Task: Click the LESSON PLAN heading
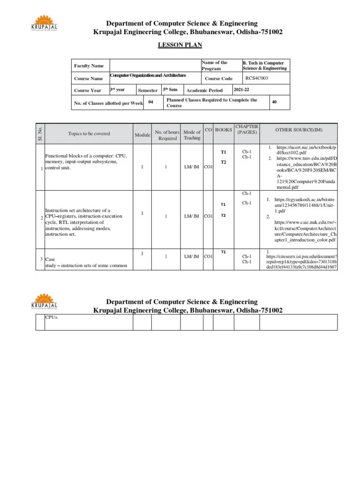pyautogui.click(x=182, y=45)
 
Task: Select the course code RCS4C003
pyautogui.click(x=256, y=78)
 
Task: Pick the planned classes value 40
pyautogui.click(x=274, y=101)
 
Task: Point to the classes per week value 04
pyautogui.click(x=151, y=101)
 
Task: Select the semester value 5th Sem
pyautogui.click(x=170, y=90)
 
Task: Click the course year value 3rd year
pyautogui.click(x=118, y=90)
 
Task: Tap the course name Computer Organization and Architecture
pyautogui.click(x=148, y=75)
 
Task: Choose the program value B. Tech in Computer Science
pyautogui.click(x=265, y=66)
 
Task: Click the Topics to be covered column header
pyautogui.click(x=89, y=134)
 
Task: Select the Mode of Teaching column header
pyautogui.click(x=192, y=135)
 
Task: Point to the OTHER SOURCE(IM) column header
pyautogui.click(x=299, y=130)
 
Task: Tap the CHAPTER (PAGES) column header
pyautogui.click(x=247, y=130)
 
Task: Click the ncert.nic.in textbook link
pyautogui.click(x=302, y=150)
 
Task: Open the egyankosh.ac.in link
pyautogui.click(x=302, y=202)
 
